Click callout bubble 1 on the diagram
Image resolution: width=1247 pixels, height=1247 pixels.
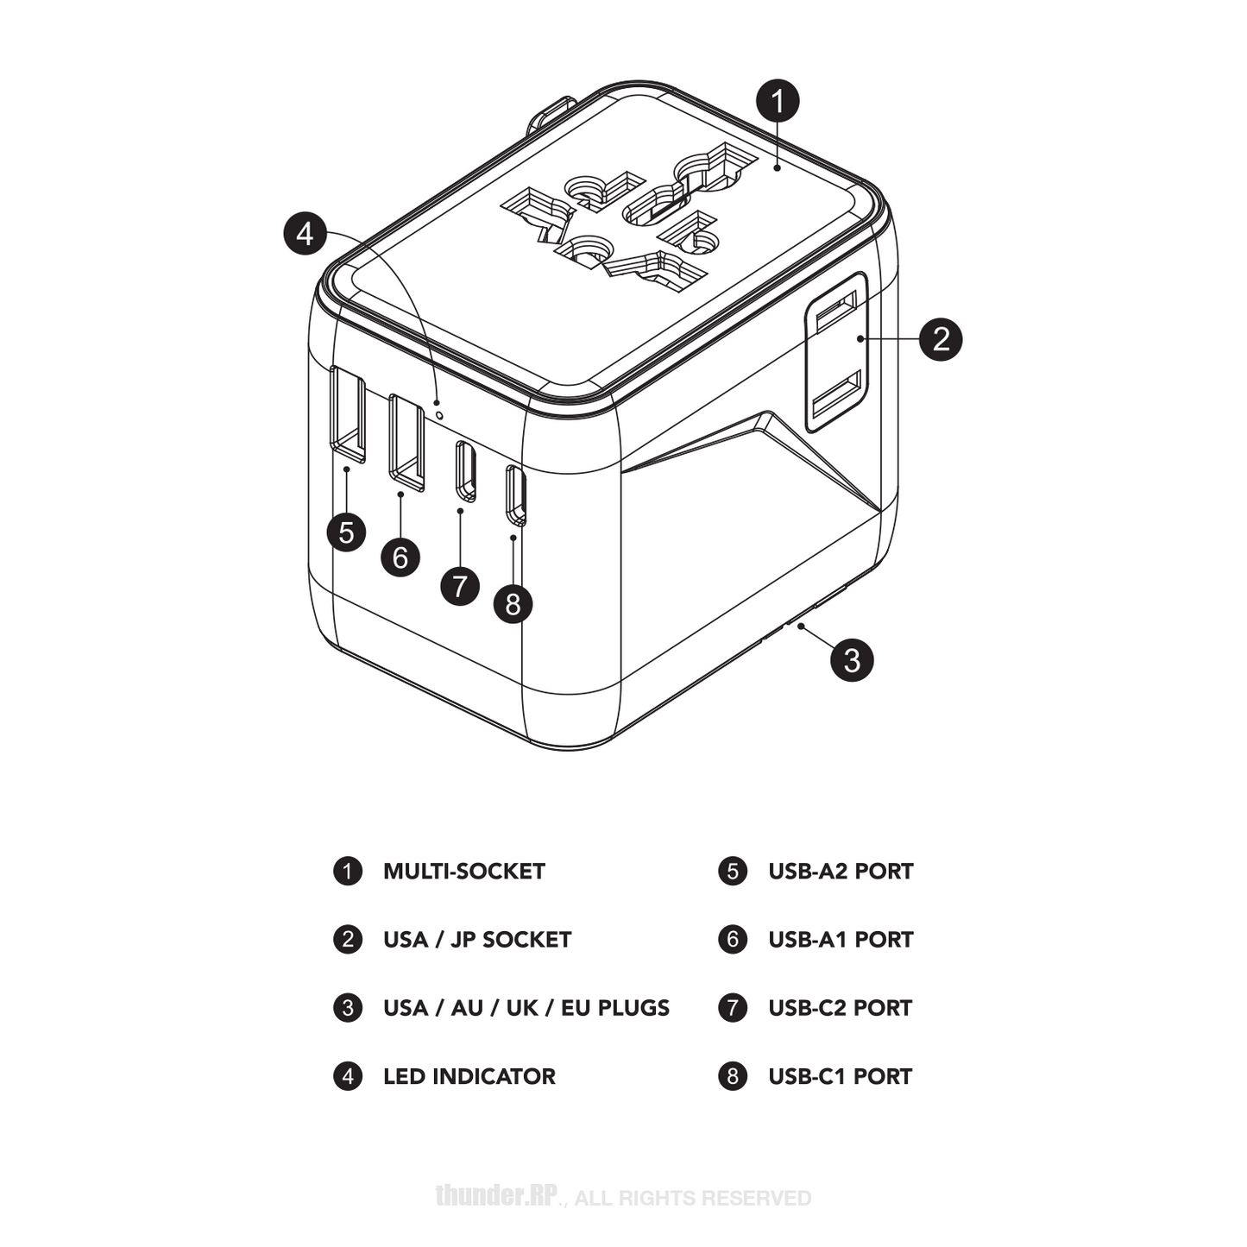(778, 101)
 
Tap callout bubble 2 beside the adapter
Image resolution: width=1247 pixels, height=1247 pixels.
(940, 338)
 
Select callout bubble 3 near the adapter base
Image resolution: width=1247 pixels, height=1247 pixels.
(852, 660)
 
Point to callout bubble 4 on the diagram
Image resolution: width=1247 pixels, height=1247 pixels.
(305, 234)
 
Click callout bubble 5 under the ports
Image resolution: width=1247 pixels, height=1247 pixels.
(346, 532)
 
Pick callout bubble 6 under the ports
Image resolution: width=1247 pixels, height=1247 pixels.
(400, 557)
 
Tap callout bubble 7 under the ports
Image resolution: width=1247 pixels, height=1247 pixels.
(460, 587)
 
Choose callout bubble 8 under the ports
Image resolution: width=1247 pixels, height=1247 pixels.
(513, 603)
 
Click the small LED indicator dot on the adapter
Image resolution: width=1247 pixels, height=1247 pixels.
(441, 415)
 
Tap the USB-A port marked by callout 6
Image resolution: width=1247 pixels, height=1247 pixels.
(406, 441)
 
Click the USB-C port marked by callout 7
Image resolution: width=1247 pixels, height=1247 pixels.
(466, 471)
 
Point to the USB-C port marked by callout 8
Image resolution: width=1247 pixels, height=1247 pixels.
(516, 494)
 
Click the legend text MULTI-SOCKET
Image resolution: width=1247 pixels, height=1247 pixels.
(463, 872)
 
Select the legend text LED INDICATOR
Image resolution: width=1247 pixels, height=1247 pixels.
(469, 1077)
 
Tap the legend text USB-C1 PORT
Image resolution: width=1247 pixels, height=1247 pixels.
(840, 1077)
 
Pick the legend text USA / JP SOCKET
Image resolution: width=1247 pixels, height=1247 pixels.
(476, 940)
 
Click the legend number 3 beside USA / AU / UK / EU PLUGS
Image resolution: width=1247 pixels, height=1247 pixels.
(348, 1008)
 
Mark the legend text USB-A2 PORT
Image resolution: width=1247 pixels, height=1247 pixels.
(841, 872)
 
